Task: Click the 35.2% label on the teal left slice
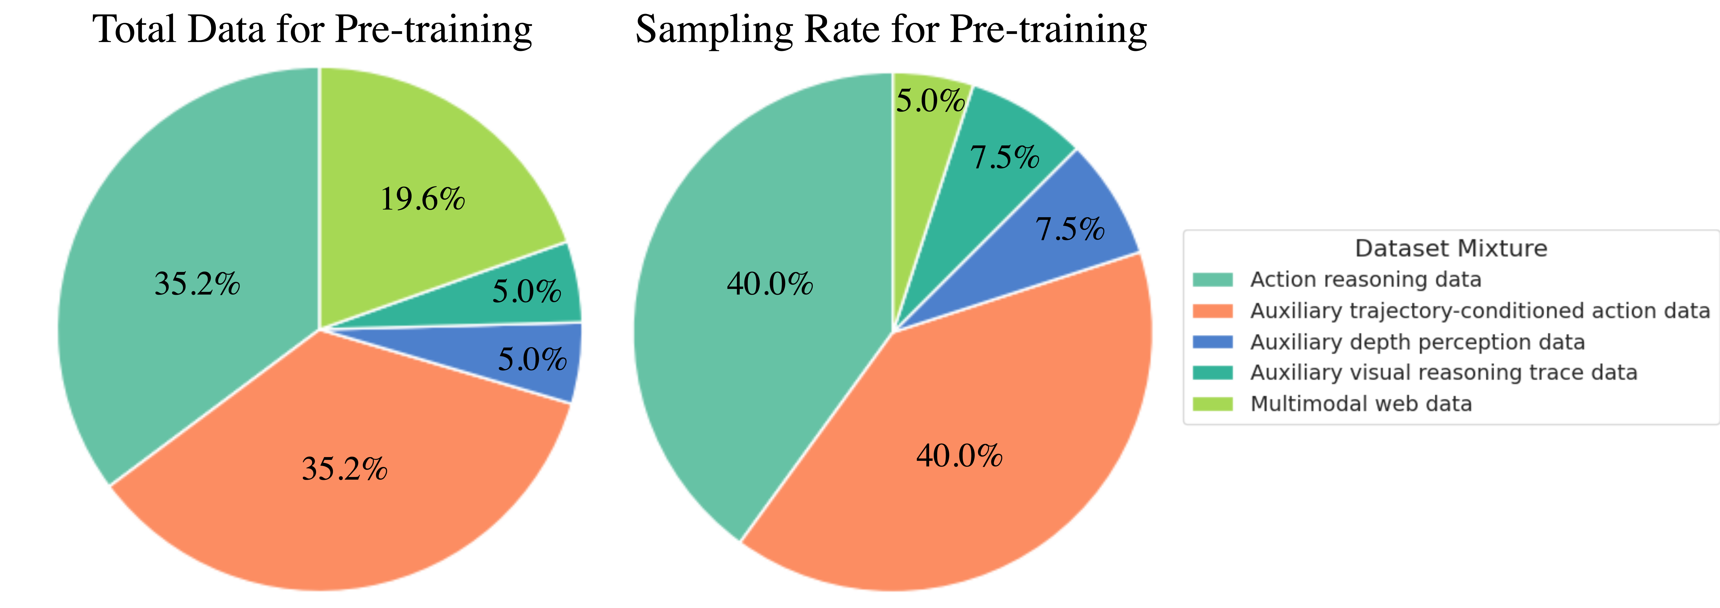tap(197, 284)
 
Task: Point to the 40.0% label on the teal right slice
tap(770, 284)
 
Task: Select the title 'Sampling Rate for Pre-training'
tap(891, 30)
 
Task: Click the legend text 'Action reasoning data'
tap(1365, 279)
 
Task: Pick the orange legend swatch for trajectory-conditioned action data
tap(1213, 311)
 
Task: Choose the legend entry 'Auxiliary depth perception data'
tap(1417, 342)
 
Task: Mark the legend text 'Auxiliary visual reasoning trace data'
tap(1444, 372)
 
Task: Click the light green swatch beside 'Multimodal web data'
tap(1213, 404)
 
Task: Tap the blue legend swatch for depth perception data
tap(1213, 342)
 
